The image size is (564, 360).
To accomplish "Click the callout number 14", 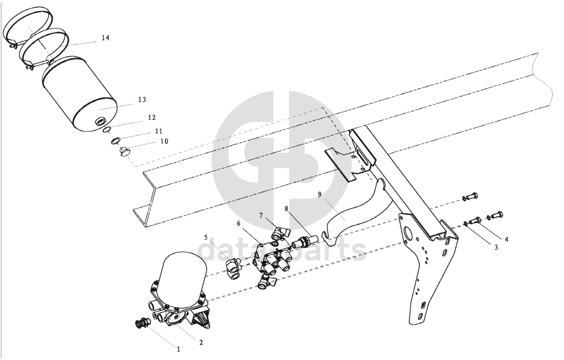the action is [x=106, y=38].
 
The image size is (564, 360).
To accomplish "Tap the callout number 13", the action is [x=142, y=100].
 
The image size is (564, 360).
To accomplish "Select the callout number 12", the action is [x=151, y=118].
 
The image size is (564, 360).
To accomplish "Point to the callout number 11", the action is [x=159, y=131].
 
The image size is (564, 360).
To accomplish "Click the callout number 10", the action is [x=164, y=142].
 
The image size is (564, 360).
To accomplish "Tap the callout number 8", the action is [x=286, y=208].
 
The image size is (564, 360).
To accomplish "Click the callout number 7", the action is [x=261, y=215].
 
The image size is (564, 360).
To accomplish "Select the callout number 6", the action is [x=239, y=223].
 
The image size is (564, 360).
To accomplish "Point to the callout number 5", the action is [x=206, y=238].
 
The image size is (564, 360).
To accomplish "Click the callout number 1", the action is [x=178, y=350].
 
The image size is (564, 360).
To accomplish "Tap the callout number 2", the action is [x=201, y=342].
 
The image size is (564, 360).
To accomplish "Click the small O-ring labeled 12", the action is [x=107, y=130].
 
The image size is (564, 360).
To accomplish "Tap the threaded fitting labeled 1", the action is [x=142, y=323].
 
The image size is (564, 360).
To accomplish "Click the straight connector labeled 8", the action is [x=305, y=242].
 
